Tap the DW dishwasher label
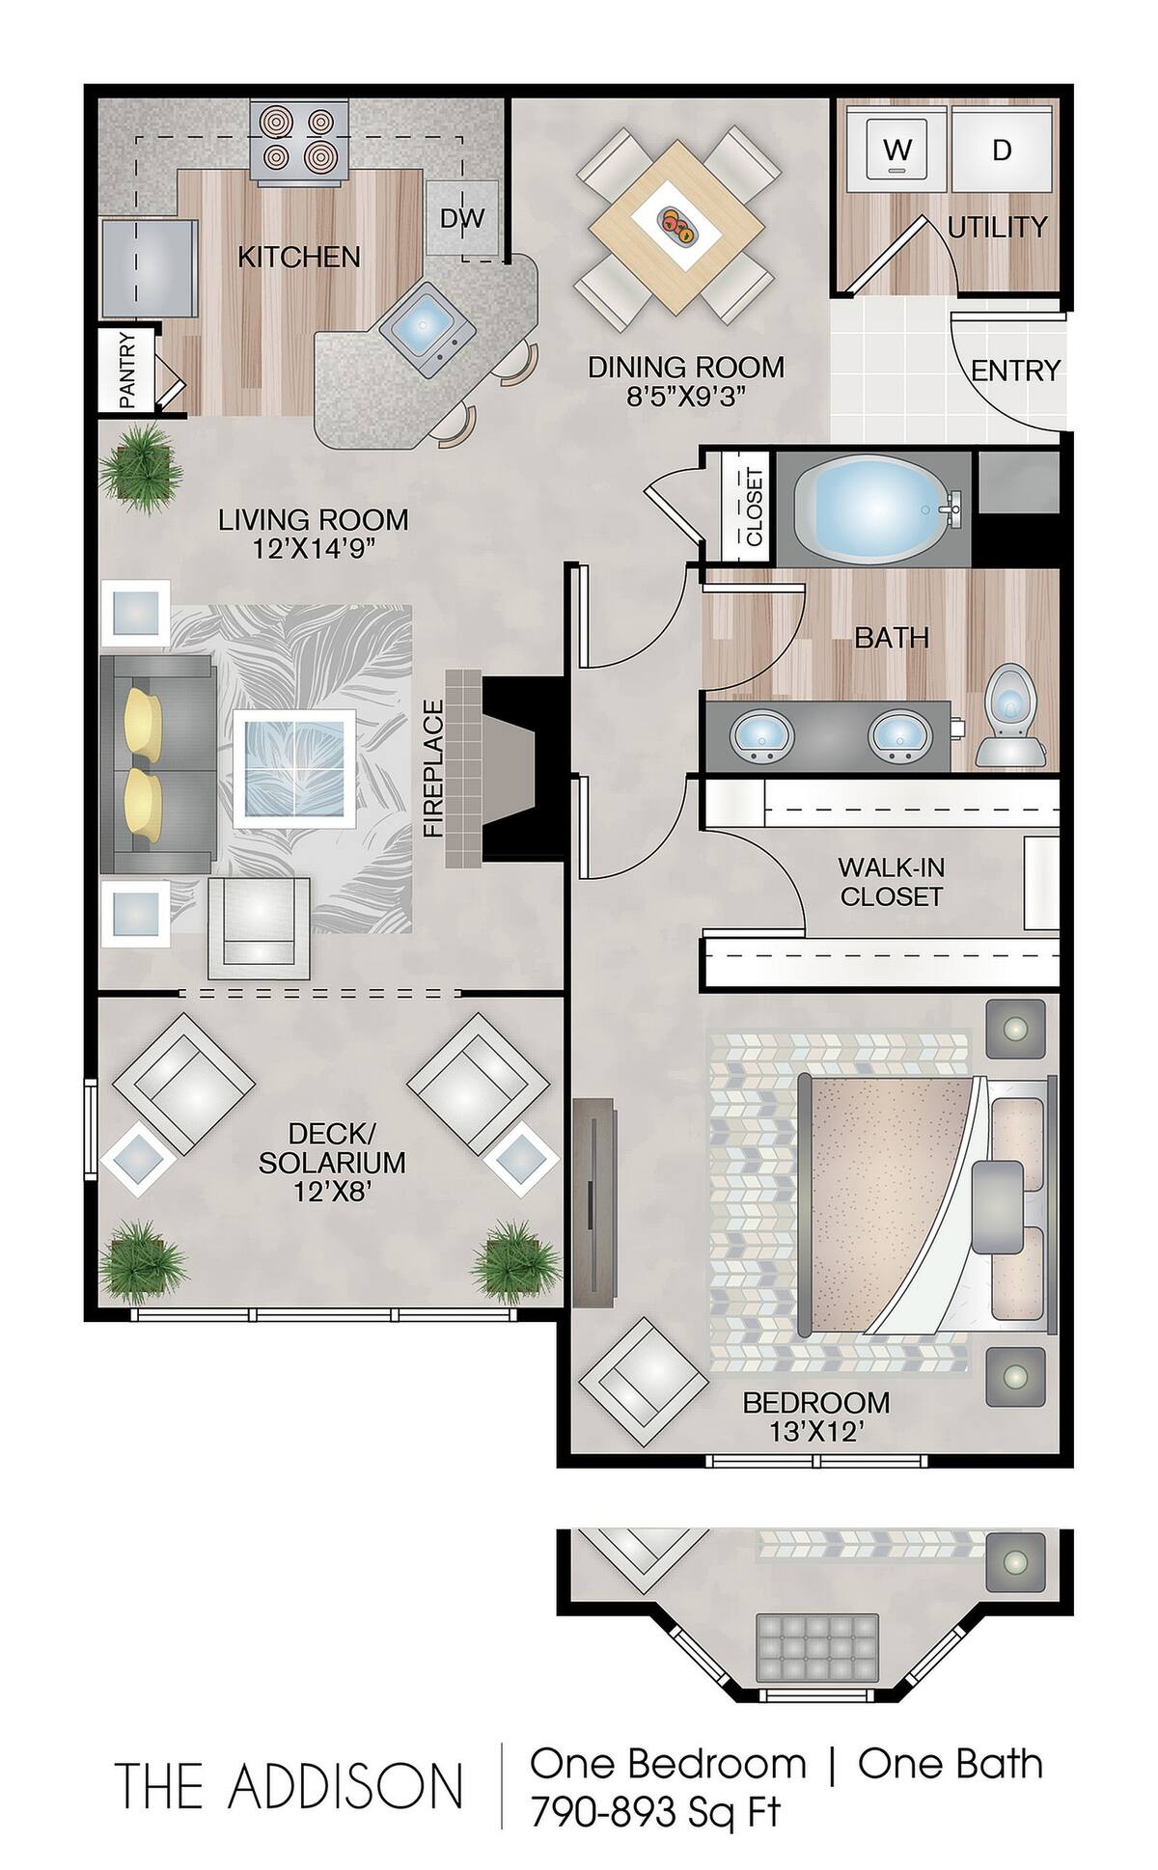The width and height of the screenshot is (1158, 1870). (x=462, y=218)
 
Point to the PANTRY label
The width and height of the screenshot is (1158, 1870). (x=126, y=371)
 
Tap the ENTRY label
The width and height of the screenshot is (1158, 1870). (x=1015, y=371)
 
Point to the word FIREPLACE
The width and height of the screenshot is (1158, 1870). (x=432, y=768)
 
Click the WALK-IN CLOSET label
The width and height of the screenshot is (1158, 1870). (x=890, y=881)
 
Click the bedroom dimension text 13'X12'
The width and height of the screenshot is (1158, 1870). (x=815, y=1433)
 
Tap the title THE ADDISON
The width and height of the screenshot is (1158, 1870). (x=289, y=1785)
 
